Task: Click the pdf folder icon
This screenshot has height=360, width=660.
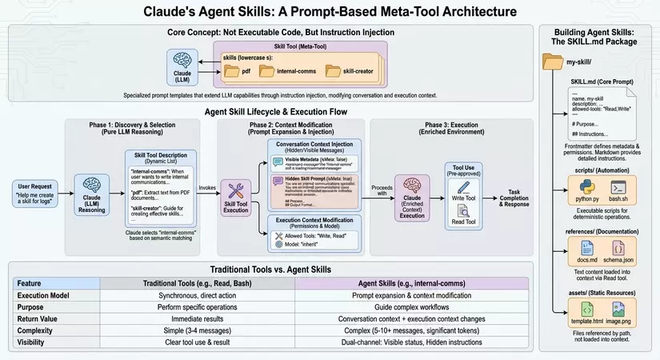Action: [x=232, y=72]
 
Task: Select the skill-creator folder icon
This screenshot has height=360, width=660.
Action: [x=332, y=72]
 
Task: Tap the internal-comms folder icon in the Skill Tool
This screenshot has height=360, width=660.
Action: [x=266, y=72]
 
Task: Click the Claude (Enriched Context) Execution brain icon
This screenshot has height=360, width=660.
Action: [x=412, y=190]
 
